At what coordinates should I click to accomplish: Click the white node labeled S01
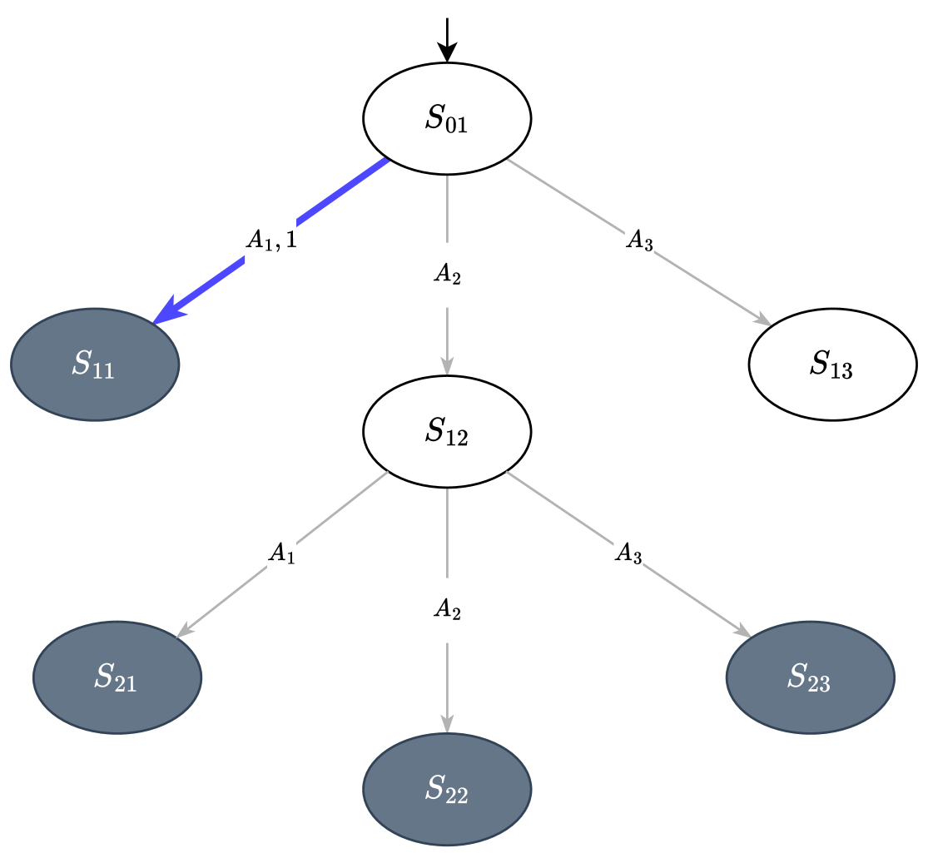[447, 119]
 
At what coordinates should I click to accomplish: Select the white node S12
[447, 431]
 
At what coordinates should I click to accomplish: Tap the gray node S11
[95, 365]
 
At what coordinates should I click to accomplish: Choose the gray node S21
[117, 677]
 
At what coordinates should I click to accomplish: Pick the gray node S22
[447, 789]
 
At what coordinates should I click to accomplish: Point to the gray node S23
[810, 677]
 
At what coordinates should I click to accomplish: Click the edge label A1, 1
[270, 241]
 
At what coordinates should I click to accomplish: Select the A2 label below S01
[447, 275]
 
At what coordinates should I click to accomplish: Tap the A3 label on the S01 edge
[639, 241]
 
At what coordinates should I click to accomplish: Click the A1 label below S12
[281, 553]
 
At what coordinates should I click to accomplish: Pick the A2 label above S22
[447, 609]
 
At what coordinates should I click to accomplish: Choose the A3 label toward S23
[628, 553]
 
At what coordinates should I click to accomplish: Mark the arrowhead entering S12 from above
[447, 365]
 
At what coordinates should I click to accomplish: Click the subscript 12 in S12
[457, 438]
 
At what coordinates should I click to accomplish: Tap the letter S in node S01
[434, 117]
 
